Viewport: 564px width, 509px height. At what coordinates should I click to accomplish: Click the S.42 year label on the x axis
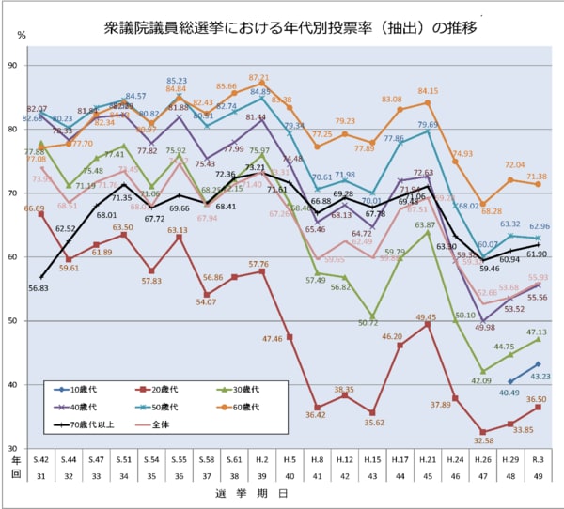[40, 459]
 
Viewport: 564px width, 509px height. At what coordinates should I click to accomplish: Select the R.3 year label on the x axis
[538, 459]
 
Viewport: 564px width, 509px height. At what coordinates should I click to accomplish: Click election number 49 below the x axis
[538, 476]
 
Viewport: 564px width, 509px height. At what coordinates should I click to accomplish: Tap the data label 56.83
[39, 289]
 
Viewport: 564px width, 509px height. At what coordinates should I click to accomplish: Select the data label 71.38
[537, 176]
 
